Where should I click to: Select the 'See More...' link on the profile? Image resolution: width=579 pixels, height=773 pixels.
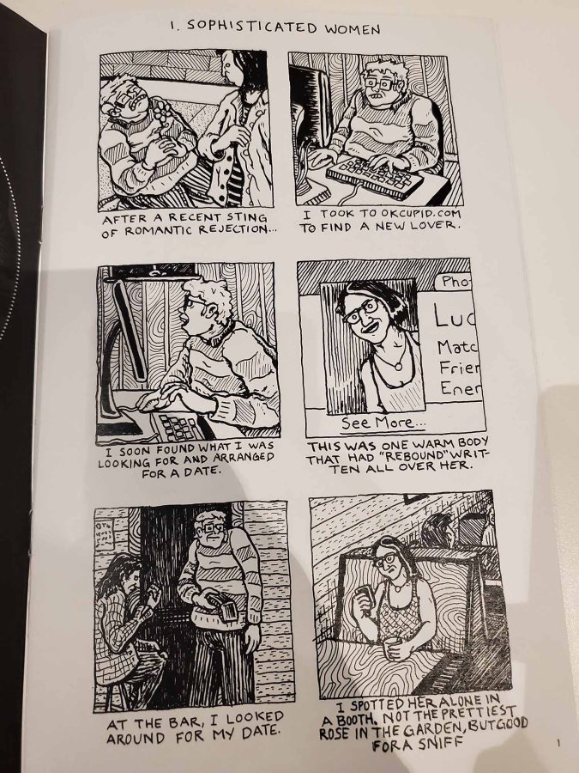(383, 423)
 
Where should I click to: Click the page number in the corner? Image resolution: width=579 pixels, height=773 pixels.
(558, 742)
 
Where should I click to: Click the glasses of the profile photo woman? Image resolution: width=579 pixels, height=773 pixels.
(361, 312)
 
